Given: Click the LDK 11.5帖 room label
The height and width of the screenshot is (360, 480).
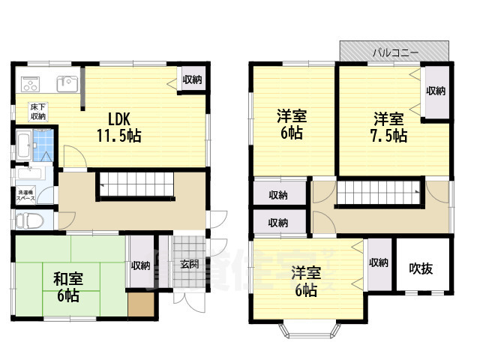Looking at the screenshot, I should coord(118,127).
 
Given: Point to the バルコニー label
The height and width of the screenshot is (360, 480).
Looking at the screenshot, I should coord(395,52).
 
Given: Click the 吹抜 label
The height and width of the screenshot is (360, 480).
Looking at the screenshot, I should coord(421,268).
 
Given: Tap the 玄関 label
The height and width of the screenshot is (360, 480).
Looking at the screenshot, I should coord(189,264).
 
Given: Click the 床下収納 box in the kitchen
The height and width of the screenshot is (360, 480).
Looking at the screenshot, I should coord(37,112).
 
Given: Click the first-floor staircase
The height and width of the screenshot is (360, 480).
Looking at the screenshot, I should coord(136,184).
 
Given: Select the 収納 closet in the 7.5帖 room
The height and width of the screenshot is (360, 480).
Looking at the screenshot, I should coord(436,91).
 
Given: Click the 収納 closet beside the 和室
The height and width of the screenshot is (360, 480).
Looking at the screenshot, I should coord(139,265).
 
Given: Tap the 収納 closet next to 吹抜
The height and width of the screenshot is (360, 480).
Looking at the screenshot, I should coord(378,262).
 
